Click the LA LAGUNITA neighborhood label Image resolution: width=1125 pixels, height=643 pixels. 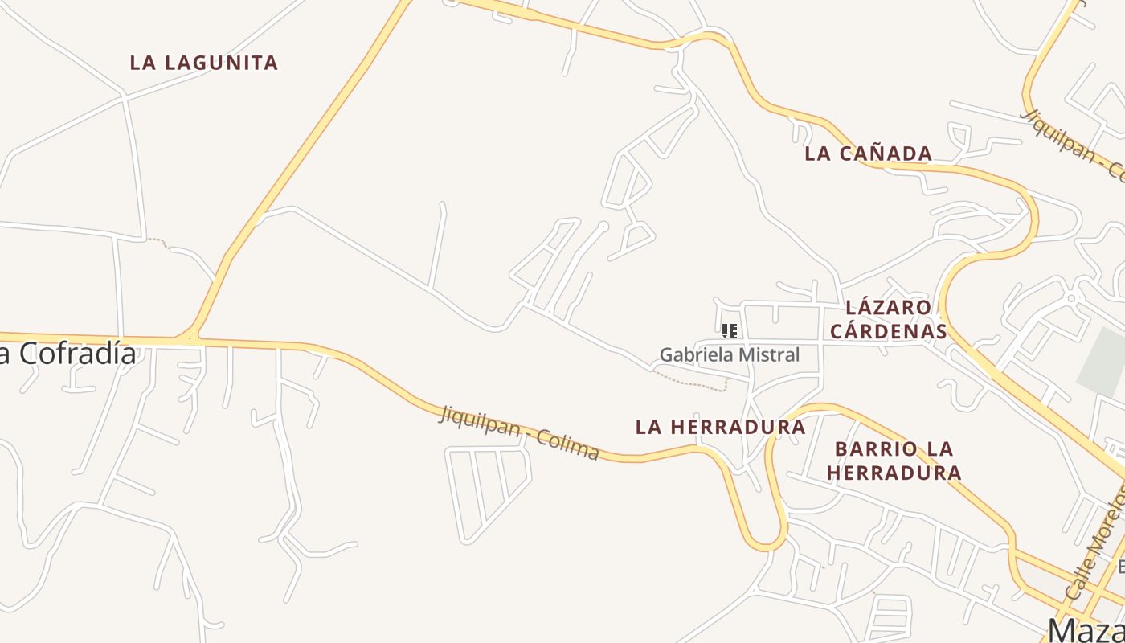click(204, 63)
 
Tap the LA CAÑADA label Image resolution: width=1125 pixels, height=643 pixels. click(869, 154)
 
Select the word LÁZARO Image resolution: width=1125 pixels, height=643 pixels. click(888, 307)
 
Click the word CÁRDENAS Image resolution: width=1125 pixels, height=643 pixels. click(888, 331)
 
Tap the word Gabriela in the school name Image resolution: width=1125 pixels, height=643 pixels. click(691, 354)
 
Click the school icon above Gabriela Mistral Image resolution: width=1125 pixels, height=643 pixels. click(730, 330)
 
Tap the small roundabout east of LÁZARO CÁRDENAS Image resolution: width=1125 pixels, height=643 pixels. click(1070, 298)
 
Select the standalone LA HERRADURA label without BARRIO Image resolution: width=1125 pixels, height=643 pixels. click(720, 427)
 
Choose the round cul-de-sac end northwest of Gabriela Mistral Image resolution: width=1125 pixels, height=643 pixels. click(603, 227)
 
